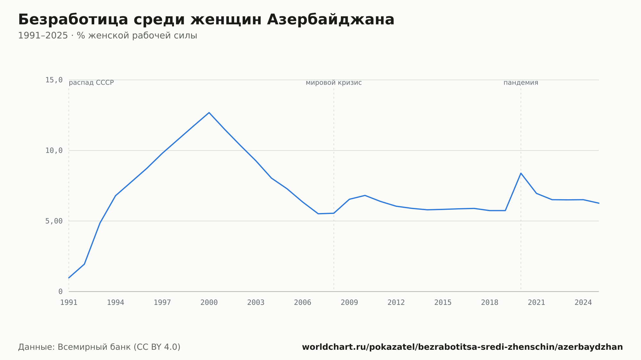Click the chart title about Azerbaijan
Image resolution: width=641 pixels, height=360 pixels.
tap(206, 20)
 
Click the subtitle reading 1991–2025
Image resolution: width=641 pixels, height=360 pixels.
tap(107, 36)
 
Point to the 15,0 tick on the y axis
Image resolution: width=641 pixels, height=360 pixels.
tap(54, 80)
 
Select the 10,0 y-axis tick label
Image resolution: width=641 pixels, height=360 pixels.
tap(54, 151)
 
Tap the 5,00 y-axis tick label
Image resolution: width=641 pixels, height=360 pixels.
tap(54, 221)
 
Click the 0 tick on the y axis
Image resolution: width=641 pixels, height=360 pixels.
tap(61, 291)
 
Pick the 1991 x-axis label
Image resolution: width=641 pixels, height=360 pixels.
tap(69, 303)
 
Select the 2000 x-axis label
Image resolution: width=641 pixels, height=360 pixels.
tap(209, 303)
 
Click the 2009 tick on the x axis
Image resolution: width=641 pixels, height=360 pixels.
tap(349, 303)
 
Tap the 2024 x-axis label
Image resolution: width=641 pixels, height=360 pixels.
tap(583, 303)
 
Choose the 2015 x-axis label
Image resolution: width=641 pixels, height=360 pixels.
tap(443, 303)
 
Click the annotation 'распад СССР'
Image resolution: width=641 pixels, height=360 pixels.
tap(91, 83)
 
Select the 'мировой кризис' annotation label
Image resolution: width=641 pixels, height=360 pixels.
tap(334, 83)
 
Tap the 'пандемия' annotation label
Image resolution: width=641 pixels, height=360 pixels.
tap(521, 83)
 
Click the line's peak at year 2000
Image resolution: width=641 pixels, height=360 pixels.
tap(209, 112)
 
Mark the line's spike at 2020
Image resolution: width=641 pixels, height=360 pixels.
tap(521, 173)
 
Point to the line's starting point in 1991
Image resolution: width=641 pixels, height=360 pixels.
tap(69, 278)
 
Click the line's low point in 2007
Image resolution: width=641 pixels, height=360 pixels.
tap(318, 214)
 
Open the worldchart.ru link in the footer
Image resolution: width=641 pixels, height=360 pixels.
tap(462, 347)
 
